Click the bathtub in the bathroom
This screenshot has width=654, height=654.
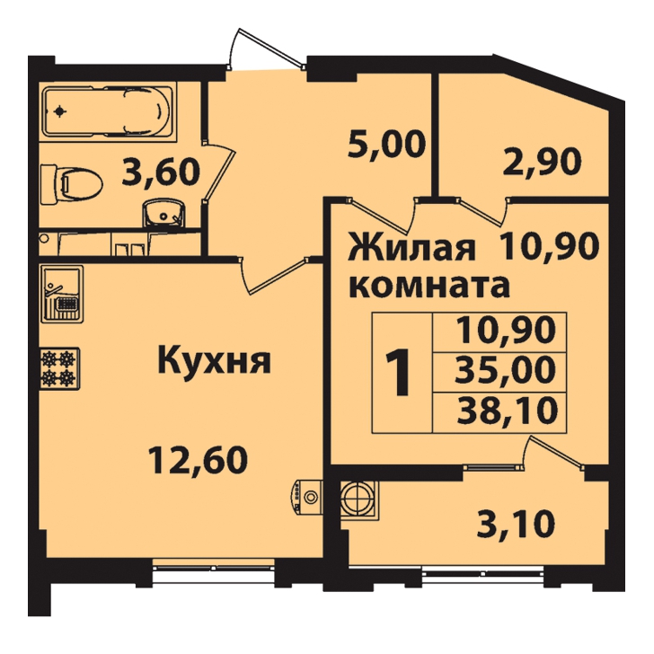108,111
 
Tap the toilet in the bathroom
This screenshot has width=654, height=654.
71,184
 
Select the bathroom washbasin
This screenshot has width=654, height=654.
163,213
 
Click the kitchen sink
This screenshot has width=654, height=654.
63,294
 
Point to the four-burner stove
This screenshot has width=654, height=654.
60,368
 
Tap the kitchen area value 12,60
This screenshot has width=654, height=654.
199,460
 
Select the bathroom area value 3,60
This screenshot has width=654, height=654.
161,172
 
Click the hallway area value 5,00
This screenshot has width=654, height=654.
386,145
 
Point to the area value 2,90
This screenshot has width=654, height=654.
542,162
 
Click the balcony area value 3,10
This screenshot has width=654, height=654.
516,525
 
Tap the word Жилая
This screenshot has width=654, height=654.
412,249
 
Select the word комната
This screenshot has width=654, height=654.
430,286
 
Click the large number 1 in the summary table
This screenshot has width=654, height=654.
399,372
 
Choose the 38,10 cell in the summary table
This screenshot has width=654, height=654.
507,411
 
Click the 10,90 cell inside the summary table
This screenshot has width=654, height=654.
507,331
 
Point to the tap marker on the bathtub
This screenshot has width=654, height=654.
59,111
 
